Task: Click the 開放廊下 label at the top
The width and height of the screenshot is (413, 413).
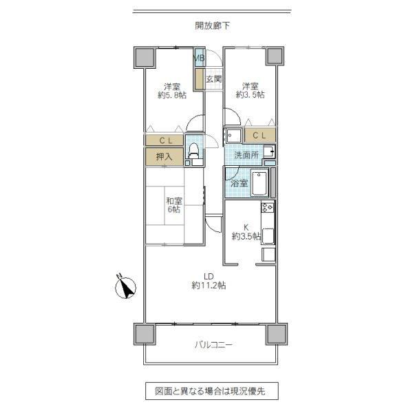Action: (212, 26)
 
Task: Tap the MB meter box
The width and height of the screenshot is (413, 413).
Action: (200, 57)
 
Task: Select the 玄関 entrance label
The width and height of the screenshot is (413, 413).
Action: (213, 78)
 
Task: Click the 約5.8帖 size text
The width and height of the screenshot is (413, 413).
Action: (172, 95)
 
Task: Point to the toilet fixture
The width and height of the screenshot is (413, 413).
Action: (193, 151)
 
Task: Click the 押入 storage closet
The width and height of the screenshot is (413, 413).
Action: (165, 157)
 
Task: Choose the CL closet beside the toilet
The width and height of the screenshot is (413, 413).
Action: (165, 140)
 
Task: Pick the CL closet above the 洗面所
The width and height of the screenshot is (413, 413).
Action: (260, 136)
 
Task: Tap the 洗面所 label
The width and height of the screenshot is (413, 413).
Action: (246, 155)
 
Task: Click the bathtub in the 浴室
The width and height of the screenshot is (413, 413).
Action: (260, 183)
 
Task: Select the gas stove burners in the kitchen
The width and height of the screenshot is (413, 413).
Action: (267, 207)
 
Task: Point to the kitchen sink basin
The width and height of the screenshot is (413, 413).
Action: (268, 235)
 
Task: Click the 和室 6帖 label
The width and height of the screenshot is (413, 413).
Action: (174, 205)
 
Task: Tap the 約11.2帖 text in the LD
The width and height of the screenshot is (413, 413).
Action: (209, 285)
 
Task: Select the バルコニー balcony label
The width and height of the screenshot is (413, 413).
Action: (213, 345)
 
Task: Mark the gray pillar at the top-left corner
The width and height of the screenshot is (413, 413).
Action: (144, 57)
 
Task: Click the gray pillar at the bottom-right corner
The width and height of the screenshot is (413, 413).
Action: (276, 334)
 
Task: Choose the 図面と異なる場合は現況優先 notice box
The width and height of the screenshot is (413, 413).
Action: (212, 391)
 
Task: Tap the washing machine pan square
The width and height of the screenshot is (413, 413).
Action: (233, 136)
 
